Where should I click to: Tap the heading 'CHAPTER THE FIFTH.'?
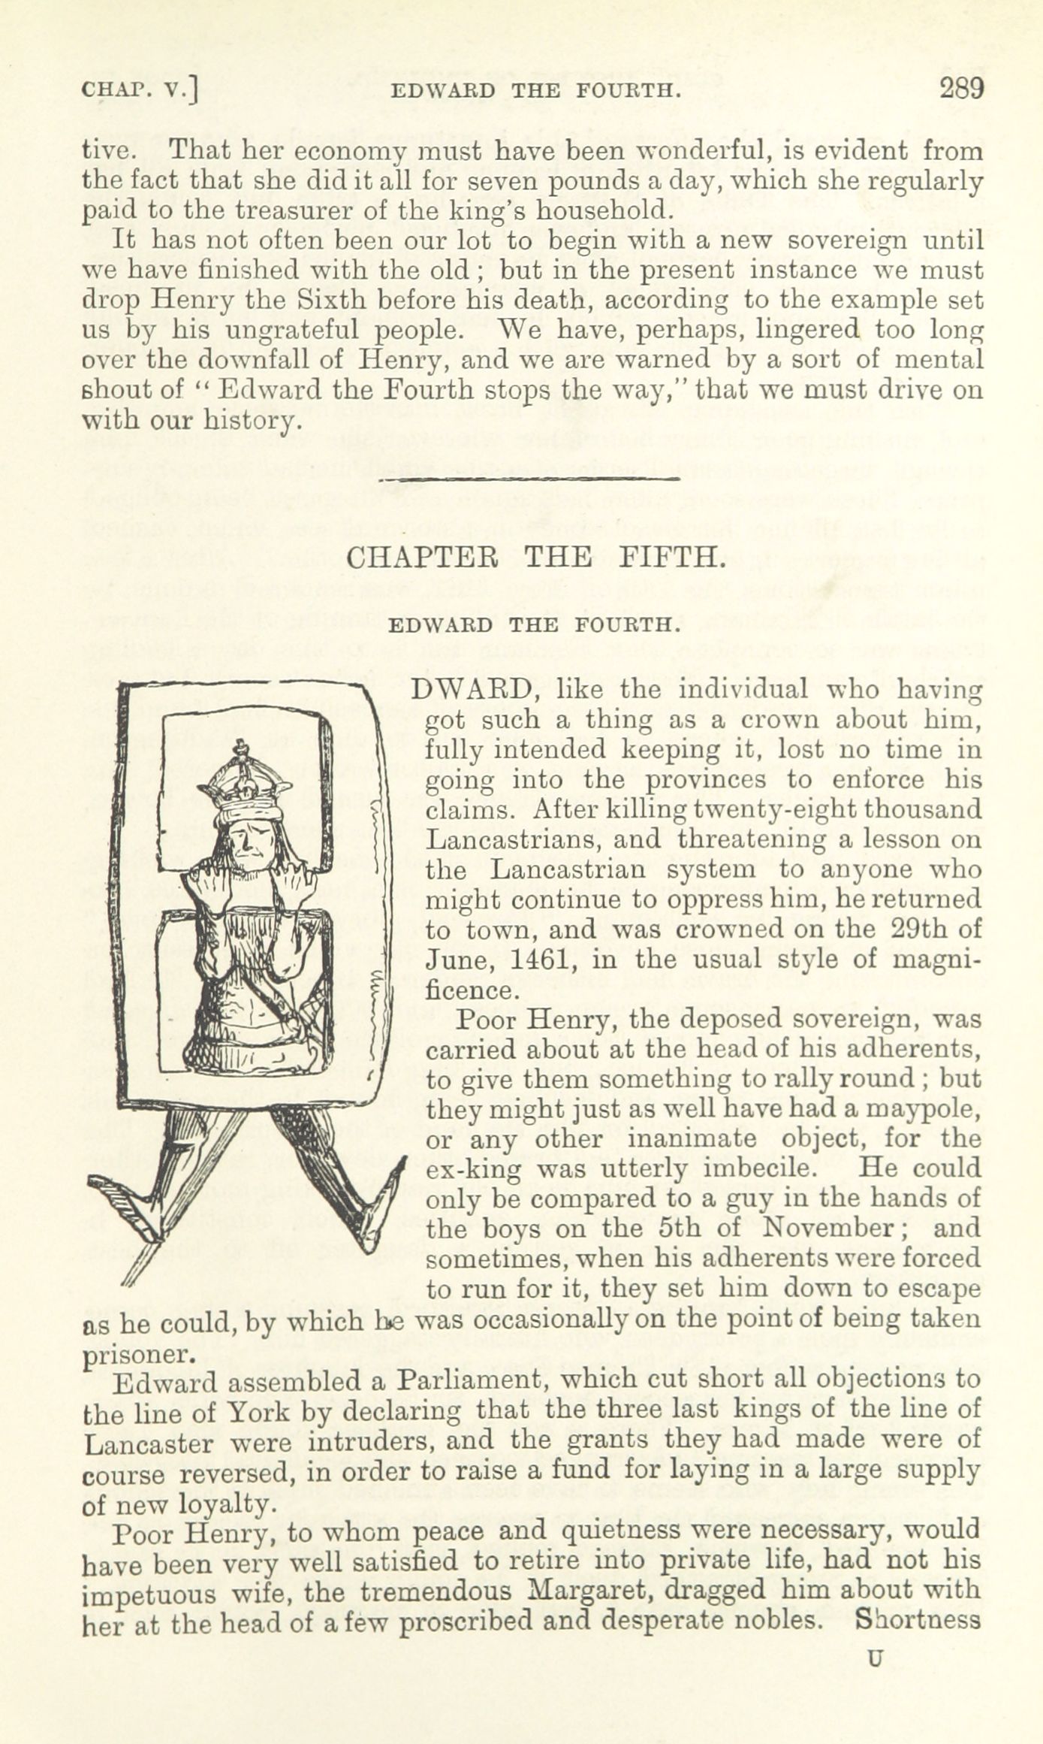[535, 557]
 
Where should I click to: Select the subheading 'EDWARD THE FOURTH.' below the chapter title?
[535, 624]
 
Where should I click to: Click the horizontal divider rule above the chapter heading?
[529, 479]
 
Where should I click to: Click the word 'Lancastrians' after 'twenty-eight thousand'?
[507, 839]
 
